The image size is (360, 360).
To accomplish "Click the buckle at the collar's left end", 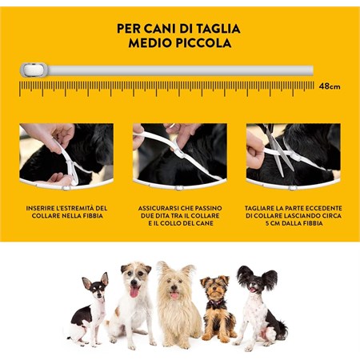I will click(x=30, y=70).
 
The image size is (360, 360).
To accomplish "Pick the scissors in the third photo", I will click(x=277, y=151).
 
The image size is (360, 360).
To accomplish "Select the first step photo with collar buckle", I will click(x=66, y=154).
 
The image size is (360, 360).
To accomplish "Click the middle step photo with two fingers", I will click(x=179, y=154).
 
